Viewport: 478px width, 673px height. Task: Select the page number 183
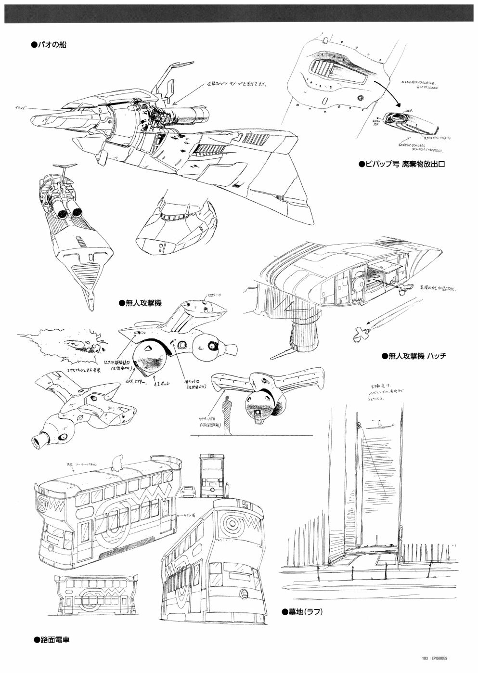tap(425, 659)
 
